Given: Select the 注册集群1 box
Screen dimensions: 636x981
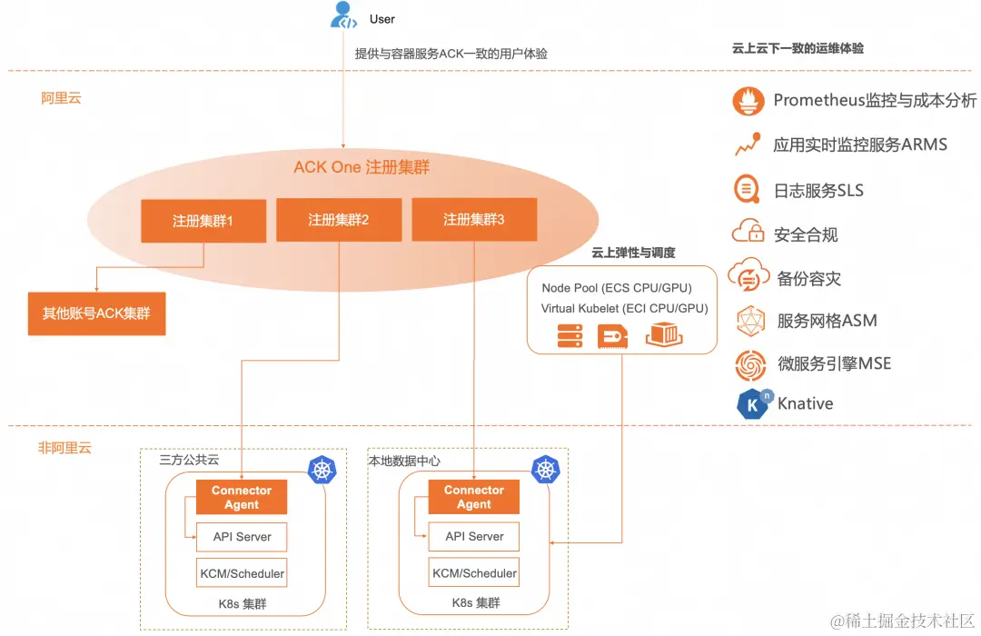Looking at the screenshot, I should point(203,221).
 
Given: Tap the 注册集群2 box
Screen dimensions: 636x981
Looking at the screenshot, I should point(339,220).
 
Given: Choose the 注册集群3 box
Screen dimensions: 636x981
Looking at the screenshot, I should point(474,220).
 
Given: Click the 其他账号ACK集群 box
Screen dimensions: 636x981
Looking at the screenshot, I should point(96,314).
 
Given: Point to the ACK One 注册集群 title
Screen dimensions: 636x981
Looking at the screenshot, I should point(362,167).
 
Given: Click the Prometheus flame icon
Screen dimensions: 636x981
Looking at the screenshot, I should point(748,101).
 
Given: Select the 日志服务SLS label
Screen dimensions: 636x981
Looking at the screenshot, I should point(818,191).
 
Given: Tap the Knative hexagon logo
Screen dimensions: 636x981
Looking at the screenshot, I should point(753,404).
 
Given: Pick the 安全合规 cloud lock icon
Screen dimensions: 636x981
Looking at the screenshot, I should point(748,233).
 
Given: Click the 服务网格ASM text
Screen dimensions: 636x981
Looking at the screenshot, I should point(827,321).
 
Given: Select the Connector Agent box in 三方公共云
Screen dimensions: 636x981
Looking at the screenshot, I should point(242,497).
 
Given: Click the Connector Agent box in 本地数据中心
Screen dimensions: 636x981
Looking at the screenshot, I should point(474,497).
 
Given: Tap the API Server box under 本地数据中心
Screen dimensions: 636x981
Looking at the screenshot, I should point(474,537).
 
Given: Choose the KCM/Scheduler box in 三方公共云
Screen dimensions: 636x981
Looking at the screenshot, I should point(242,573).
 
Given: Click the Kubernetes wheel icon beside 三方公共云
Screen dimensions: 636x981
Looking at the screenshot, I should point(322,469).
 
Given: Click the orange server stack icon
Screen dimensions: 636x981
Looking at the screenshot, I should point(570,336).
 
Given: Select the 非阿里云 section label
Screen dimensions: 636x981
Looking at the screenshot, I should point(64,448).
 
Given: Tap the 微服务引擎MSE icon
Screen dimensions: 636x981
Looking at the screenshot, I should point(750,364).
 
